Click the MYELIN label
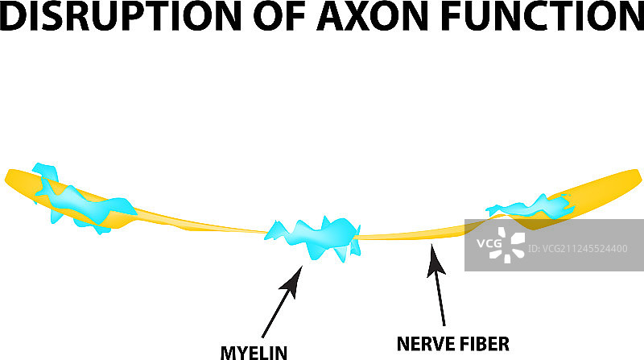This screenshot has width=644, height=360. click(254, 350)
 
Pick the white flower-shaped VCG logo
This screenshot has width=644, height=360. click(509, 243)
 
